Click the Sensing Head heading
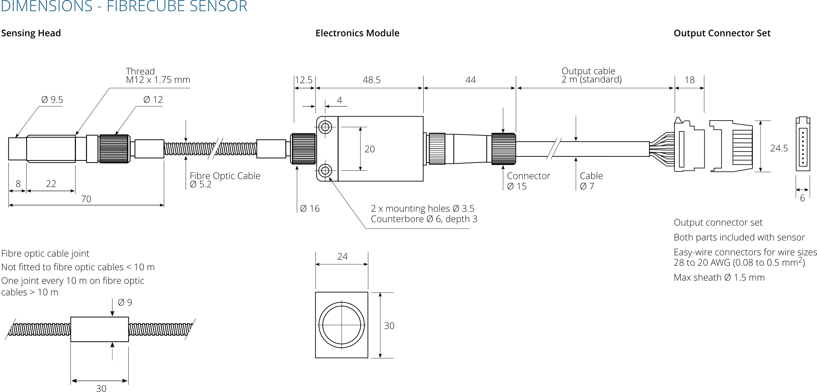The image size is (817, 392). [x=31, y=33]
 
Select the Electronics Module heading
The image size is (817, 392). [x=357, y=33]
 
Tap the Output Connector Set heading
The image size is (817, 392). [x=722, y=33]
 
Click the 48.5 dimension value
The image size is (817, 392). [x=371, y=80]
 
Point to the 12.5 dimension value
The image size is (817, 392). [x=303, y=80]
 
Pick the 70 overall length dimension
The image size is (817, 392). [x=86, y=199]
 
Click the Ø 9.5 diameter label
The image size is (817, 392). [x=52, y=100]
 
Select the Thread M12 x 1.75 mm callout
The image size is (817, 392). [x=158, y=76]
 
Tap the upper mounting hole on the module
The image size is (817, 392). [x=325, y=127]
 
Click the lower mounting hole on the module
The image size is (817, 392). [x=325, y=171]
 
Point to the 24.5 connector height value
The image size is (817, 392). [x=779, y=148]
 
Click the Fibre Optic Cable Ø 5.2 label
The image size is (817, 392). [x=225, y=180]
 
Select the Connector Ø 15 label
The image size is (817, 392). [x=528, y=181]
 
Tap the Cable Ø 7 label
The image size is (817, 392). [x=591, y=181]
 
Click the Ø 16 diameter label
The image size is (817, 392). [x=310, y=209]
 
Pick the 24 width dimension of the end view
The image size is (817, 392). [x=342, y=257]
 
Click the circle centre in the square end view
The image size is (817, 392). [x=342, y=325]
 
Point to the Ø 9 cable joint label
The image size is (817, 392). [x=125, y=302]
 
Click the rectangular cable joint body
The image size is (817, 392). [x=100, y=329]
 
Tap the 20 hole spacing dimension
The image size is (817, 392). [x=369, y=149]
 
